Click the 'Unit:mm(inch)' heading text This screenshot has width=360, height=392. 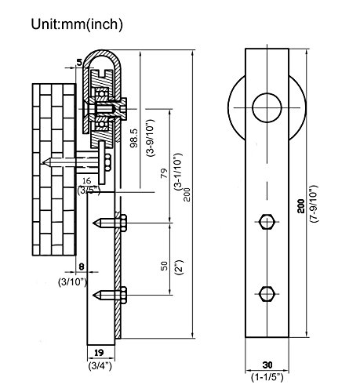(x=77, y=24)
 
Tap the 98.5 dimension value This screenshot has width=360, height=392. (x=134, y=138)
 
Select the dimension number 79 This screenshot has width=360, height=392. (x=164, y=173)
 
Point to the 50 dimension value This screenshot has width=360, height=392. (x=164, y=266)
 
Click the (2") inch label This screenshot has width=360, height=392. (x=180, y=267)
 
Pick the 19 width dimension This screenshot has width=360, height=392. (x=99, y=353)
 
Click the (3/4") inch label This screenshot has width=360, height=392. (x=100, y=366)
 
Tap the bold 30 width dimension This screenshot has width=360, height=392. (x=267, y=365)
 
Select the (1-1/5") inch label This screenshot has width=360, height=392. (x=267, y=377)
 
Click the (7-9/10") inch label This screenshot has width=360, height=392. (x=314, y=204)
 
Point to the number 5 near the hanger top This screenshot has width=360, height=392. (x=79, y=62)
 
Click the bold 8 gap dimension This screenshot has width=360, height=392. (x=82, y=267)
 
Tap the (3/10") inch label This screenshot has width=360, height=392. (x=72, y=282)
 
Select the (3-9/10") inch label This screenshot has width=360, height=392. (x=151, y=138)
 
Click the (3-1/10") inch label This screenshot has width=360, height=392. (x=178, y=172)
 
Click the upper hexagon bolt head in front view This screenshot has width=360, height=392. (x=267, y=222)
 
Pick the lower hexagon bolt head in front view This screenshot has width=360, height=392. (x=267, y=294)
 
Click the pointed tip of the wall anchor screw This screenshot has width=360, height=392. (x=43, y=162)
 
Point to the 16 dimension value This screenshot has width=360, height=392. (x=86, y=180)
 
